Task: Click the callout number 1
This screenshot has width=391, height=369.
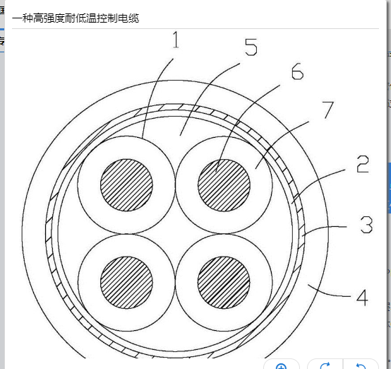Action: [176, 40]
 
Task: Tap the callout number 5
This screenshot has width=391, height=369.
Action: [251, 47]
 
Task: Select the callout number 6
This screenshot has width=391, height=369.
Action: [298, 71]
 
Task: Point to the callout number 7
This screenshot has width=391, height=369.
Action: [328, 110]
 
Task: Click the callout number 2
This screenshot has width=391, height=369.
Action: [363, 164]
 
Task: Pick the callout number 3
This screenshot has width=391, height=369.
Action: [366, 225]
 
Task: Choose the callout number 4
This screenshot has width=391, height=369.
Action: [363, 298]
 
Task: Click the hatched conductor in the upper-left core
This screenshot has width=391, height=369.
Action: [126, 185]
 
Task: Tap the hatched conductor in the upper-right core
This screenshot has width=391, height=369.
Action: [224, 185]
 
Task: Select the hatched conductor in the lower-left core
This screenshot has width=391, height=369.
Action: [126, 283]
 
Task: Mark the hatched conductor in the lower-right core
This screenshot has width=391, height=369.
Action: [224, 283]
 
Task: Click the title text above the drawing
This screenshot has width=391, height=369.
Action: [76, 18]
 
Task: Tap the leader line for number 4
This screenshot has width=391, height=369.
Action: [329, 293]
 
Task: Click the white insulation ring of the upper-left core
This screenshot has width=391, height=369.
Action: [89, 185]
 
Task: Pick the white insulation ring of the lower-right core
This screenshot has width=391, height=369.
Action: [261, 283]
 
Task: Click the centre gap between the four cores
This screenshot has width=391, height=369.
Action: [175, 234]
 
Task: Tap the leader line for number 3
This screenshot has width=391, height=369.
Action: [324, 227]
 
